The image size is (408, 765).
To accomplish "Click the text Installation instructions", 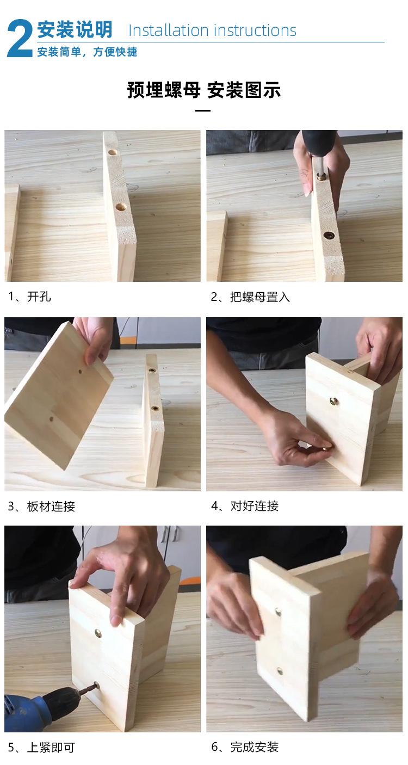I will point(212,30).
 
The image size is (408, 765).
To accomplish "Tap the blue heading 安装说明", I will point(75,30).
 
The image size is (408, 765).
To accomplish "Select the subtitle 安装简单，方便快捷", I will point(87,52).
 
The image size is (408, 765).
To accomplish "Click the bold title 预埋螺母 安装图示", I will point(203,90).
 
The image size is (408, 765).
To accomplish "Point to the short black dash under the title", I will point(202,110).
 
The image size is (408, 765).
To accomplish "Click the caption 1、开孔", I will point(29,297).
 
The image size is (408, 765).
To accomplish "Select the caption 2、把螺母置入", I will point(250,297).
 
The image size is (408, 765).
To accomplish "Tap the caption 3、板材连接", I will point(41,507).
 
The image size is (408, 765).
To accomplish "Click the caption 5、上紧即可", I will point(41,748).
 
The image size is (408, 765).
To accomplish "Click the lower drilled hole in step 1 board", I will point(120,207).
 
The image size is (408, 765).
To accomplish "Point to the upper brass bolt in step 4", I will point(333,402).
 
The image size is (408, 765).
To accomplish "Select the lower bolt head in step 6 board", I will point(280,671).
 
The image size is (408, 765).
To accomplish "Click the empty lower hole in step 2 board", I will point(329,236).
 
